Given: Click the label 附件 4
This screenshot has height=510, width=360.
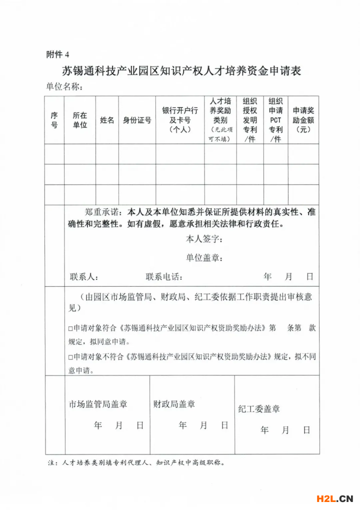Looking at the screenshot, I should pyautogui.click(x=56, y=54).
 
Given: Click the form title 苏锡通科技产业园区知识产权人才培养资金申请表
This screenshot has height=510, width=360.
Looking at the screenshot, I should pyautogui.click(x=181, y=71).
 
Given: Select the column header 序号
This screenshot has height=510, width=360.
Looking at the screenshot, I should pyautogui.click(x=54, y=120).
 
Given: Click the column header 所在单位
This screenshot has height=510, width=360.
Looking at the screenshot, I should pyautogui.click(x=79, y=120).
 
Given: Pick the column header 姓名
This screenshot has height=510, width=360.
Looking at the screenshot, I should pyautogui.click(x=107, y=120).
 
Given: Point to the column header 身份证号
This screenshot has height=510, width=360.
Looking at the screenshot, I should pyautogui.click(x=137, y=120).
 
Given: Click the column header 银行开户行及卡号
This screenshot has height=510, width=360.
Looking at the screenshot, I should pyautogui.click(x=180, y=120).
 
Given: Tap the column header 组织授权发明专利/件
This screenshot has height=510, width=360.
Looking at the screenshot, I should pyautogui.click(x=250, y=120).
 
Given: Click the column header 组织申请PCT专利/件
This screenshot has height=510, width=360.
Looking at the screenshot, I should pyautogui.click(x=275, y=120).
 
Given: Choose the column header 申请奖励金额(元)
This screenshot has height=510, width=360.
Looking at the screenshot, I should pyautogui.click(x=303, y=120).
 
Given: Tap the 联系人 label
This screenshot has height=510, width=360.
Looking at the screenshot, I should pyautogui.click(x=84, y=276).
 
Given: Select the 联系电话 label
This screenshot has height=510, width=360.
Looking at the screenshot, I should pyautogui.click(x=164, y=276).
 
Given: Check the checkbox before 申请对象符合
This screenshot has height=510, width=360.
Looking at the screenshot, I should pyautogui.click(x=70, y=329).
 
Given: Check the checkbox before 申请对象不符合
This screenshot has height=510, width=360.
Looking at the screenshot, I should pyautogui.click(x=70, y=357).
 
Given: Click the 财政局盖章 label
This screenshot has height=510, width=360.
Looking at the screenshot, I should pyautogui.click(x=174, y=404).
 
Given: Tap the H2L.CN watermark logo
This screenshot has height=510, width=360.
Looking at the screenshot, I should pyautogui.click(x=335, y=498).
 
